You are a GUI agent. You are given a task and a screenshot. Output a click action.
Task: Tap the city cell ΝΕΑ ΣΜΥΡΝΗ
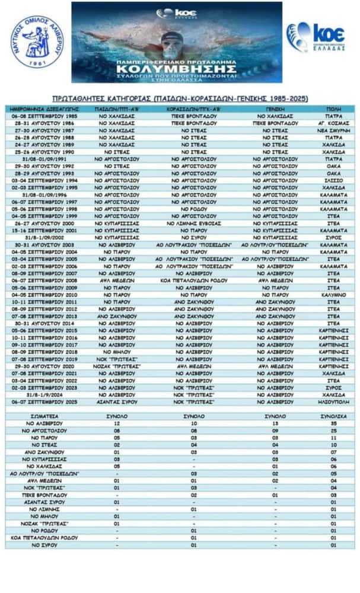click(332, 130)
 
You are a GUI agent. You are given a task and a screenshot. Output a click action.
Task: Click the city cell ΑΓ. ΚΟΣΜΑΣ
click(332, 123)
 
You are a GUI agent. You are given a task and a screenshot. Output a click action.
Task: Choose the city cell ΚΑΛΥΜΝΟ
click(332, 294)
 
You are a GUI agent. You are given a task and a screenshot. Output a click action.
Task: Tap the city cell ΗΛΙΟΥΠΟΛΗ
click(332, 401)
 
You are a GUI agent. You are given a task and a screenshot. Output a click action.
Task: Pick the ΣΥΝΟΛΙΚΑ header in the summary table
click(332, 417)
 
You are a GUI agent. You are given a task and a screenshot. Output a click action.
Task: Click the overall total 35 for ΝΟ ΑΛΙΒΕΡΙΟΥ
click(332, 423)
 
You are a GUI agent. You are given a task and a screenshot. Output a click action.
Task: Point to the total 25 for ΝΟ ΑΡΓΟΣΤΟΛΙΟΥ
click(332, 431)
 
